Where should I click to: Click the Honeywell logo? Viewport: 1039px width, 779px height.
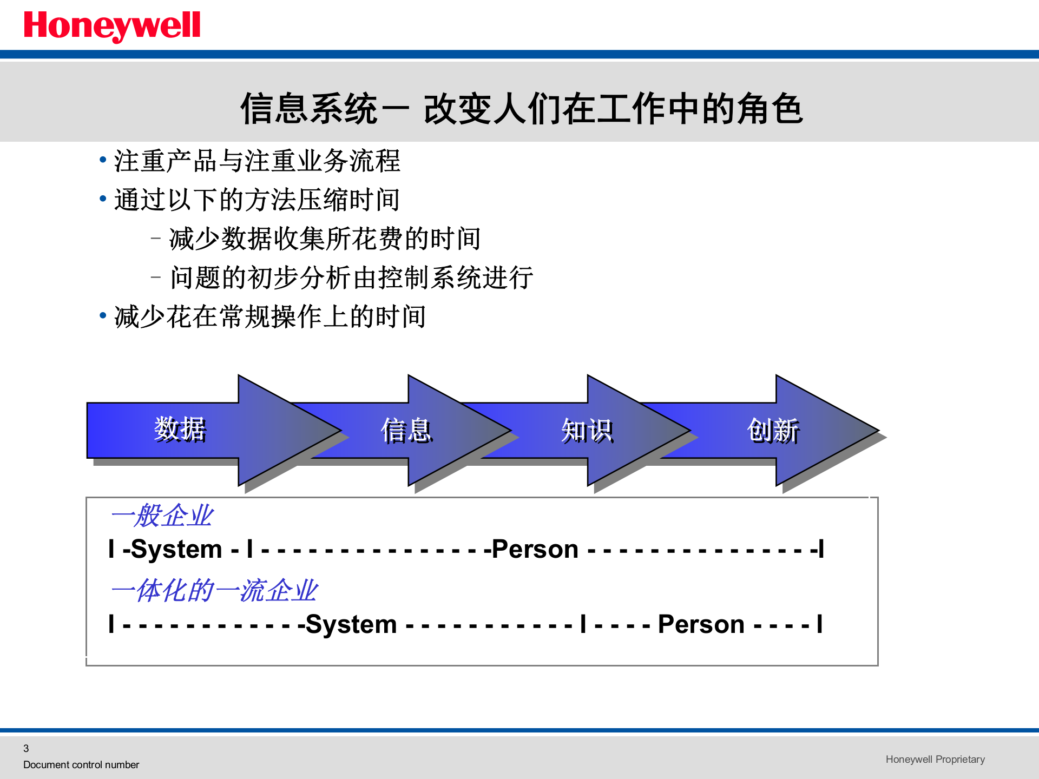(x=112, y=25)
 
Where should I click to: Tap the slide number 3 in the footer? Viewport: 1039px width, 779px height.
(x=26, y=748)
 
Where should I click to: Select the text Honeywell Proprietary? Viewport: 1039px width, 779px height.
(x=935, y=759)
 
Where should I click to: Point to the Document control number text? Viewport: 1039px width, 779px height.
(x=81, y=764)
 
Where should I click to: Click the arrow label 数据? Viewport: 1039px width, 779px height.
(x=180, y=430)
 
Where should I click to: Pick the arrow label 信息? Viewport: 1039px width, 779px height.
(x=406, y=431)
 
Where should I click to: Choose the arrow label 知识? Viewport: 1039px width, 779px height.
(x=587, y=431)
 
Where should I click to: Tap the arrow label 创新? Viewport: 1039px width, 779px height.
(x=773, y=431)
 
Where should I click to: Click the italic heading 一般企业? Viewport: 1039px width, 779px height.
(x=162, y=516)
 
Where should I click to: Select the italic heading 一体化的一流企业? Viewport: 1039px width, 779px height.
(x=214, y=590)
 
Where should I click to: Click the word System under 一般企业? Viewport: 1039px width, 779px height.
(x=176, y=550)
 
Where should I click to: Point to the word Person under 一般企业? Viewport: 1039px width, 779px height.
(x=535, y=550)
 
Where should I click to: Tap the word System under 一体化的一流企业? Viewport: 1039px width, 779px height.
(x=351, y=624)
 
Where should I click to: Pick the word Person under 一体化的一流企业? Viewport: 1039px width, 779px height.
(x=701, y=624)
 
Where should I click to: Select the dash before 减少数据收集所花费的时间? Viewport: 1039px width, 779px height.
(x=156, y=237)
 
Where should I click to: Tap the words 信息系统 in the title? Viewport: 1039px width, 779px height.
(x=308, y=109)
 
